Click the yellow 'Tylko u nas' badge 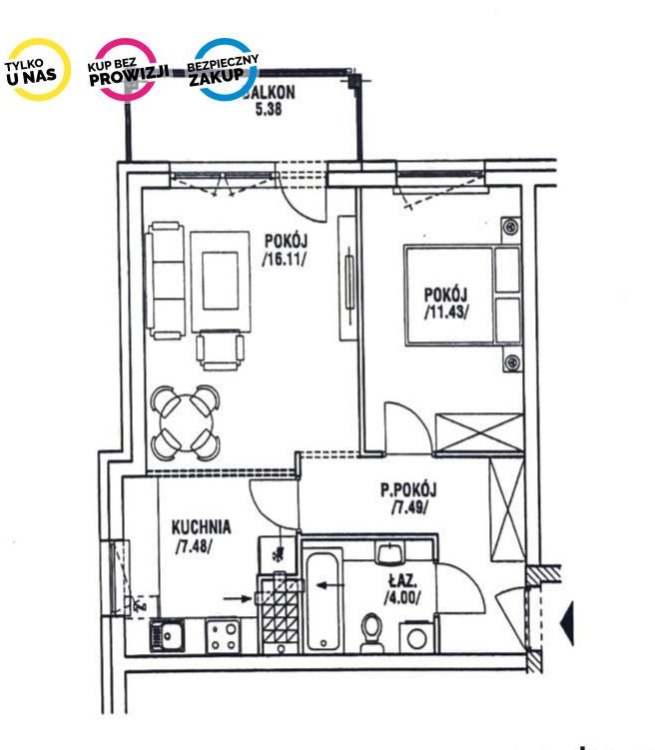point(37,70)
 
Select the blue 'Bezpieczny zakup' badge point(225,70)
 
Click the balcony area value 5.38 point(269,110)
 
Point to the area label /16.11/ point(285,260)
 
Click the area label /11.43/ point(446,312)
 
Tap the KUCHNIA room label point(202,527)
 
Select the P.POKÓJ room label point(408,489)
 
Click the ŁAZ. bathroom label point(402,581)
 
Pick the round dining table point(186,422)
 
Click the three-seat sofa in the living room point(166,281)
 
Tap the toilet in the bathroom point(372,632)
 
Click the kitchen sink point(167,635)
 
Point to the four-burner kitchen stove point(224,636)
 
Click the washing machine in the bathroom point(417,637)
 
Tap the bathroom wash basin point(390,552)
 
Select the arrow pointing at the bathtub point(330,585)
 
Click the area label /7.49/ point(408,507)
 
